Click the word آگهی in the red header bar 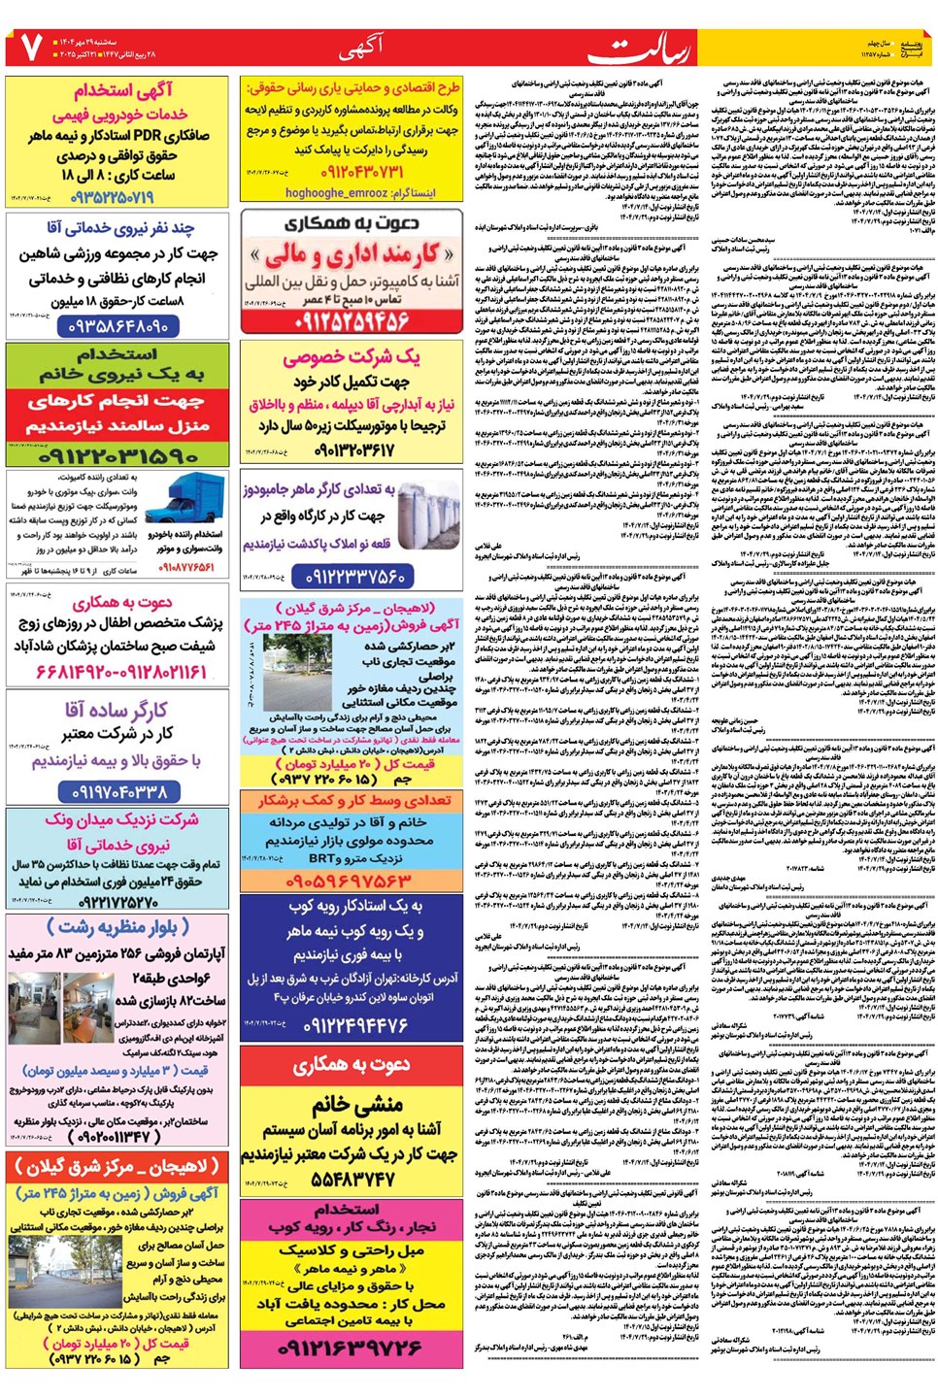[x=360, y=47]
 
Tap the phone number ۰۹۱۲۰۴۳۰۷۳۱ [x=347, y=172]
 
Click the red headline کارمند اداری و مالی [x=352, y=255]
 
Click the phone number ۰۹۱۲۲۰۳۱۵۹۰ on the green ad [x=119, y=454]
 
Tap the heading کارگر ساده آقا [x=117, y=711]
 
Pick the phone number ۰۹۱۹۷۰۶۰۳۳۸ [x=118, y=792]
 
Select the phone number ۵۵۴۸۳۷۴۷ [x=352, y=1179]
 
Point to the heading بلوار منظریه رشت [x=117, y=927]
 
